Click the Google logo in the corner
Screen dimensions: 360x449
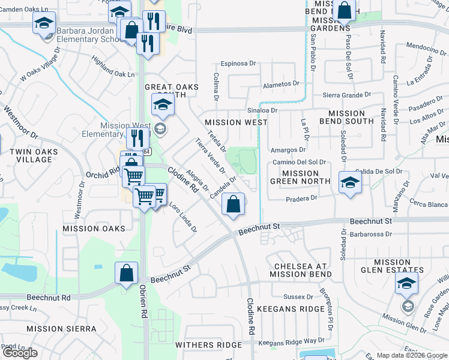click(20, 353)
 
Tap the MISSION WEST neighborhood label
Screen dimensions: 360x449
click(235, 122)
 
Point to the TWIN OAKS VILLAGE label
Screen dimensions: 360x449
click(31, 156)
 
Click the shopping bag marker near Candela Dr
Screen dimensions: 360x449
click(234, 204)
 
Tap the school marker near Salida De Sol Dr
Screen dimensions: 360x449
click(350, 182)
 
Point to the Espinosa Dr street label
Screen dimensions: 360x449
click(238, 63)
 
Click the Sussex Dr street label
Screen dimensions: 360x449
click(298, 296)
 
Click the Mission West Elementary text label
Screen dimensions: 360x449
click(125, 130)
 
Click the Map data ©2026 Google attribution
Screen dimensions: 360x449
click(411, 355)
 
